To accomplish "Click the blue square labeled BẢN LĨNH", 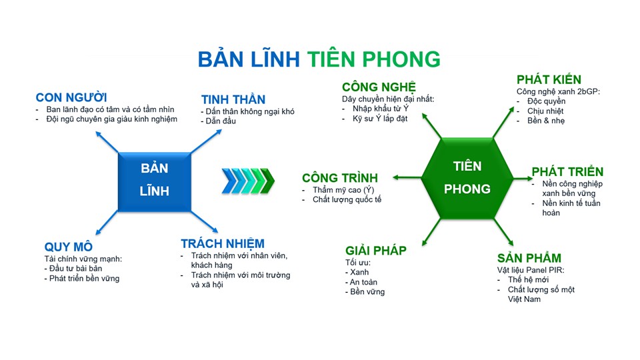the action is coord(154,182).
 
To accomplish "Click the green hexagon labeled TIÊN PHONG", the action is coord(467,178).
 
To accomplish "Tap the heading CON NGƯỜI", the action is coord(71,97).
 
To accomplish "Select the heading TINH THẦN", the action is coord(233,99).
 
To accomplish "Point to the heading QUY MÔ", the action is coord(69,247).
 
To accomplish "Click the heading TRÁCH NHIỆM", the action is coord(223,244).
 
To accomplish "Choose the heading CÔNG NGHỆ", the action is coord(379,87).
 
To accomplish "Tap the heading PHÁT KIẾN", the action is coord(549,79).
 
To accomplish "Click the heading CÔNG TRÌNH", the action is coord(340,178).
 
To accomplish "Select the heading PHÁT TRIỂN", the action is coord(567,171).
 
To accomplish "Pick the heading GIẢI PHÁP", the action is coord(376,250).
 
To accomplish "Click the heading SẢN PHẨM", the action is coord(529,258).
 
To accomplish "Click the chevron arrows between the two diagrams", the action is coord(248,181).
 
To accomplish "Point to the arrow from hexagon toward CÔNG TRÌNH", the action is coord(407,177).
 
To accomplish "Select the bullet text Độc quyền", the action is coord(546,101).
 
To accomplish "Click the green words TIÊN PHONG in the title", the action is coord(374,59).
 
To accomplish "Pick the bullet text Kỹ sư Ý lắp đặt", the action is coord(380,119).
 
